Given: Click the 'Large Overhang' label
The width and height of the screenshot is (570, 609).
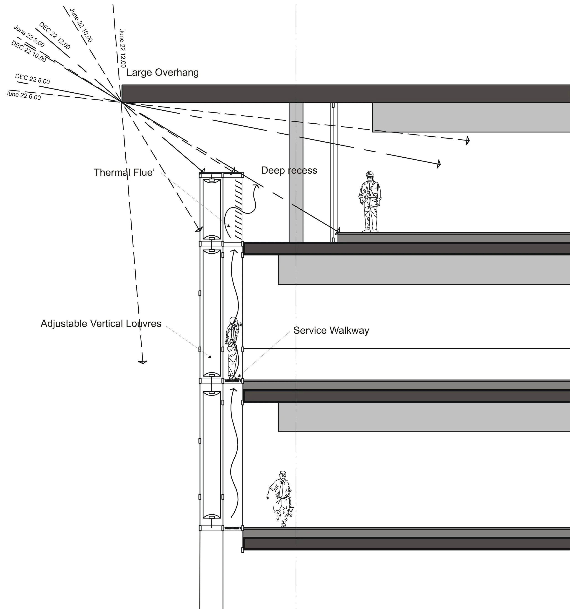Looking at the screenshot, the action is click(x=163, y=73).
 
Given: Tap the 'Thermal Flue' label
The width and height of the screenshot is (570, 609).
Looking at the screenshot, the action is click(x=124, y=172).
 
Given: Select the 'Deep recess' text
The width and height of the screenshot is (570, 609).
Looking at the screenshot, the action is click(x=289, y=170).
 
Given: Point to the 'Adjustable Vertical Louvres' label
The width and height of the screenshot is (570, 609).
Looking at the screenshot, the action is click(x=101, y=323).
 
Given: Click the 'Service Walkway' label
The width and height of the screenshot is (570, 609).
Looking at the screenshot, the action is click(x=331, y=330).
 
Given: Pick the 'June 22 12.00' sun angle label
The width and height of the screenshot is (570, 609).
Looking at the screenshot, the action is click(x=122, y=48).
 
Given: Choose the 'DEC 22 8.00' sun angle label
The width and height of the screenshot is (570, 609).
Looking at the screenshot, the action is click(x=32, y=79).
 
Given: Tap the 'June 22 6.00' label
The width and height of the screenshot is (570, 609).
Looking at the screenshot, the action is click(x=23, y=95).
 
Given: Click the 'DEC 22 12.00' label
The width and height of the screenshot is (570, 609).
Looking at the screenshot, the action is click(x=55, y=36).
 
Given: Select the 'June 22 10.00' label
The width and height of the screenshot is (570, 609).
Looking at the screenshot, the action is click(x=81, y=25).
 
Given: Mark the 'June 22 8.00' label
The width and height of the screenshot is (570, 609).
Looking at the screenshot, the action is click(x=29, y=36).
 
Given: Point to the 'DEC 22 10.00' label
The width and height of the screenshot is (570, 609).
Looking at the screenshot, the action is click(x=28, y=52).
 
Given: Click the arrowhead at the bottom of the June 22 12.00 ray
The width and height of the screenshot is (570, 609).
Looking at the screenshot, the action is click(x=142, y=362).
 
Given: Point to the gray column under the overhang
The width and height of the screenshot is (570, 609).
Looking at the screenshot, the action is click(x=296, y=172).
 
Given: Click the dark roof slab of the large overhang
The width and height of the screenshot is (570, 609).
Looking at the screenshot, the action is click(x=346, y=94).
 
